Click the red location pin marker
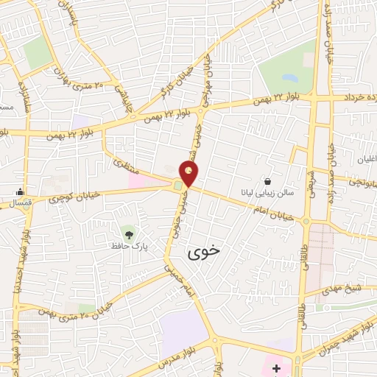[189, 174]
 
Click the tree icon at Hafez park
[130, 234]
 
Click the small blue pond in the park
[290, 77]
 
